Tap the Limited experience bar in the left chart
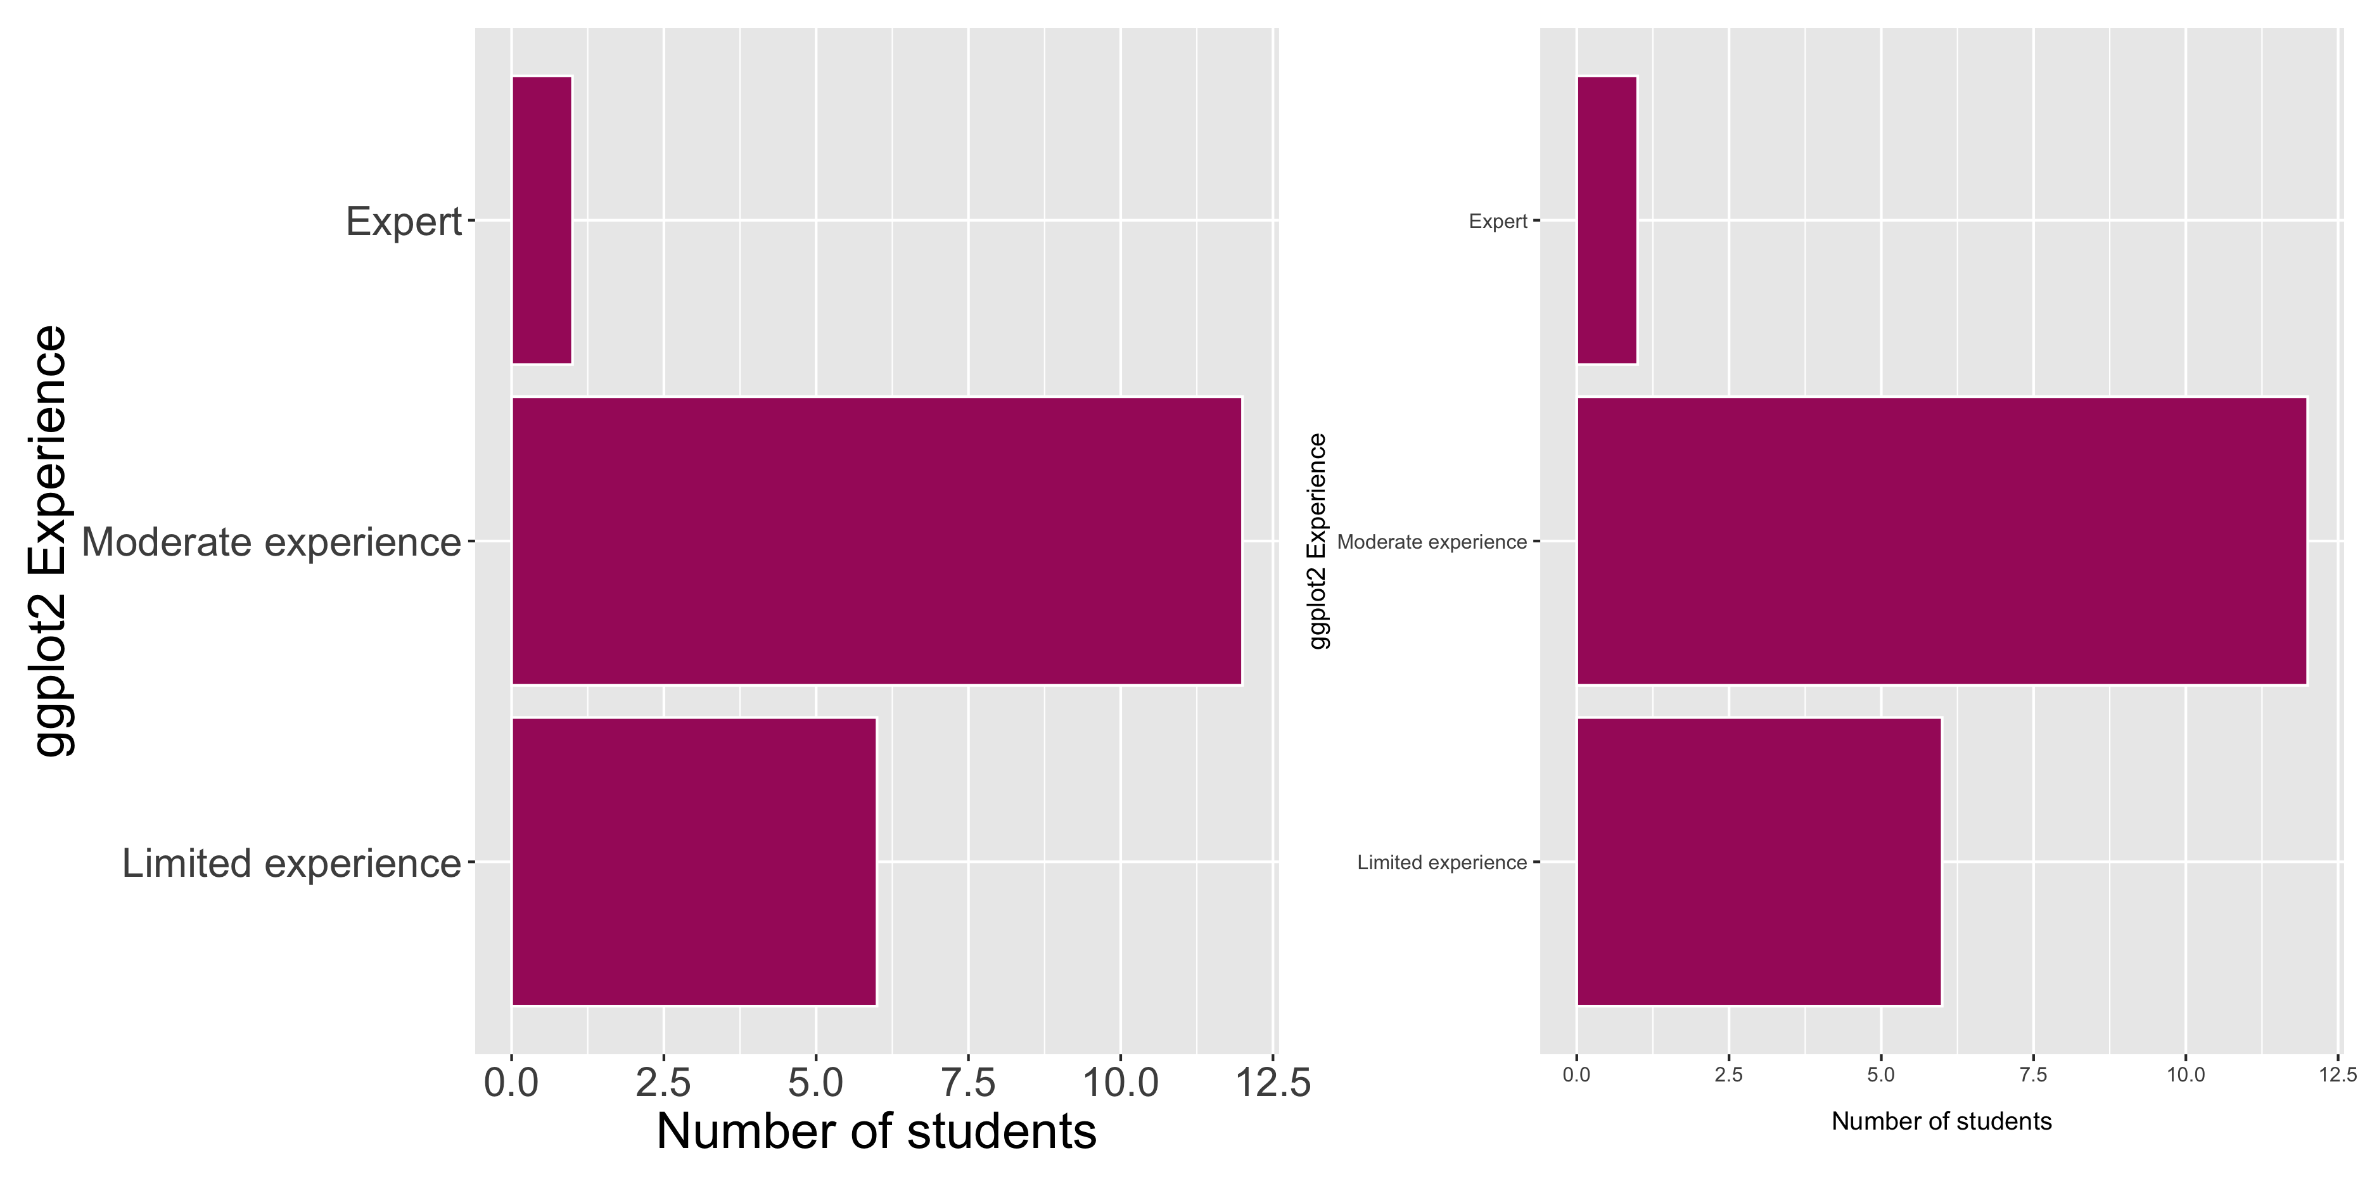pyautogui.click(x=693, y=861)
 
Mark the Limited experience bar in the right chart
pyautogui.click(x=1759, y=861)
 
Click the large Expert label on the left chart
pyautogui.click(x=404, y=222)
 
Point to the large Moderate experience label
pyautogui.click(x=271, y=542)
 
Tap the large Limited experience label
pyautogui.click(x=291, y=864)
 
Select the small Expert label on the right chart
pyautogui.click(x=1497, y=221)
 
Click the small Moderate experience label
pyautogui.click(x=1431, y=542)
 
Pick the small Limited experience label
pyautogui.click(x=1441, y=863)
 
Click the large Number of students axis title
pyautogui.click(x=876, y=1131)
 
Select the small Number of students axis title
pyautogui.click(x=1941, y=1121)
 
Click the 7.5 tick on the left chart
pyautogui.click(x=968, y=1083)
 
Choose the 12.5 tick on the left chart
pyautogui.click(x=1273, y=1083)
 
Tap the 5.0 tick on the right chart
pyautogui.click(x=1880, y=1074)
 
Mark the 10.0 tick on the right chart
pyautogui.click(x=2185, y=1074)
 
